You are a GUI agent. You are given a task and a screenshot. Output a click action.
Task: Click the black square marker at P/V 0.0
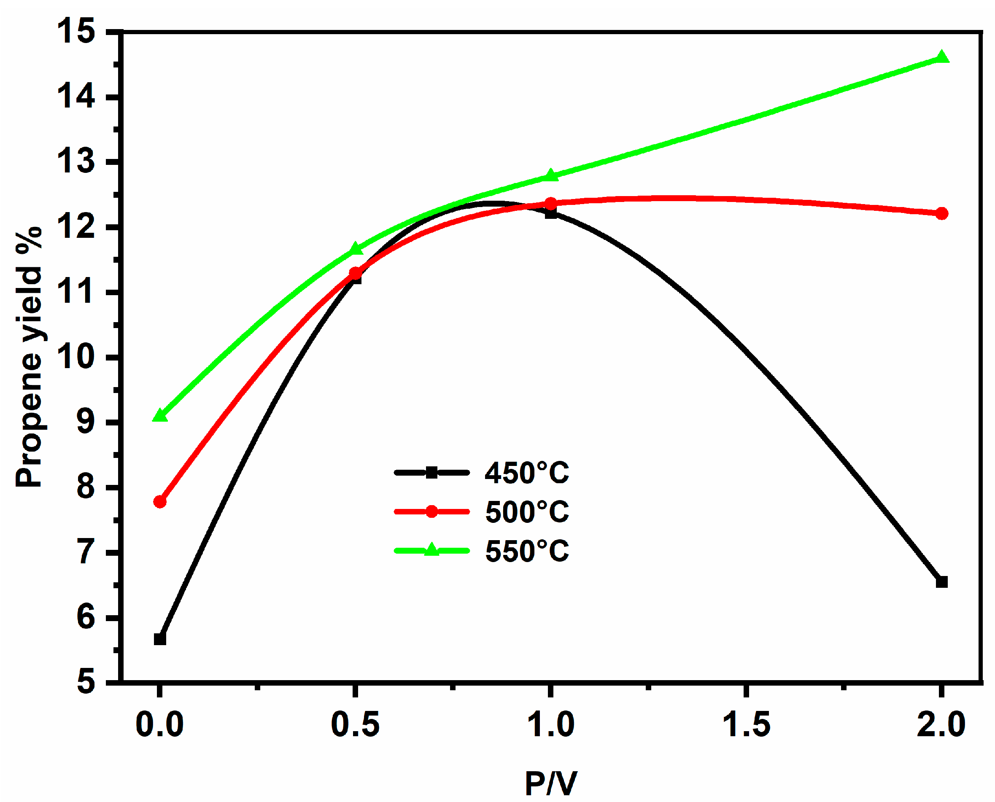(x=160, y=639)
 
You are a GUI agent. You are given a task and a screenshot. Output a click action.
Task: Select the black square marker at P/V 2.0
(x=941, y=582)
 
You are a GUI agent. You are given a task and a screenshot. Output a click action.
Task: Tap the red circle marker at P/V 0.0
(x=160, y=502)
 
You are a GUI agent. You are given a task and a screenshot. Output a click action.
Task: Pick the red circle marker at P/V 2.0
(x=941, y=213)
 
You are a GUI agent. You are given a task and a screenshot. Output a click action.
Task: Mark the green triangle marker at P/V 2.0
(x=941, y=58)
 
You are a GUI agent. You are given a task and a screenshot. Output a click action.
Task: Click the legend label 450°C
(x=527, y=473)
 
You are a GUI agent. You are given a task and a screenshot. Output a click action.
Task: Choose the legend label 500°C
(x=527, y=512)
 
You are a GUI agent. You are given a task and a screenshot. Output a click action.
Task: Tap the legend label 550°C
(x=527, y=551)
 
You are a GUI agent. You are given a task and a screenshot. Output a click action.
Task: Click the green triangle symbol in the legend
(x=431, y=550)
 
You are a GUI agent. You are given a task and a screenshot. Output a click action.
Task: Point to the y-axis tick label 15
(x=76, y=32)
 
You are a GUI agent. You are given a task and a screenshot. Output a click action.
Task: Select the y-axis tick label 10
(x=76, y=357)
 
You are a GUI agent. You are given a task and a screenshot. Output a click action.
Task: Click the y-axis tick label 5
(x=86, y=682)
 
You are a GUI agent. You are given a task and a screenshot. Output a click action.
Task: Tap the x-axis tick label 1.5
(x=746, y=724)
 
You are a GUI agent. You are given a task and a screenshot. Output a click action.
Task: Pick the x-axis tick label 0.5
(x=355, y=724)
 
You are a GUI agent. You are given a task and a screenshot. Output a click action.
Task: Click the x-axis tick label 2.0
(x=941, y=724)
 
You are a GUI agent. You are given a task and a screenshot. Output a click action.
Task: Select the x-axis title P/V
(x=551, y=783)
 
